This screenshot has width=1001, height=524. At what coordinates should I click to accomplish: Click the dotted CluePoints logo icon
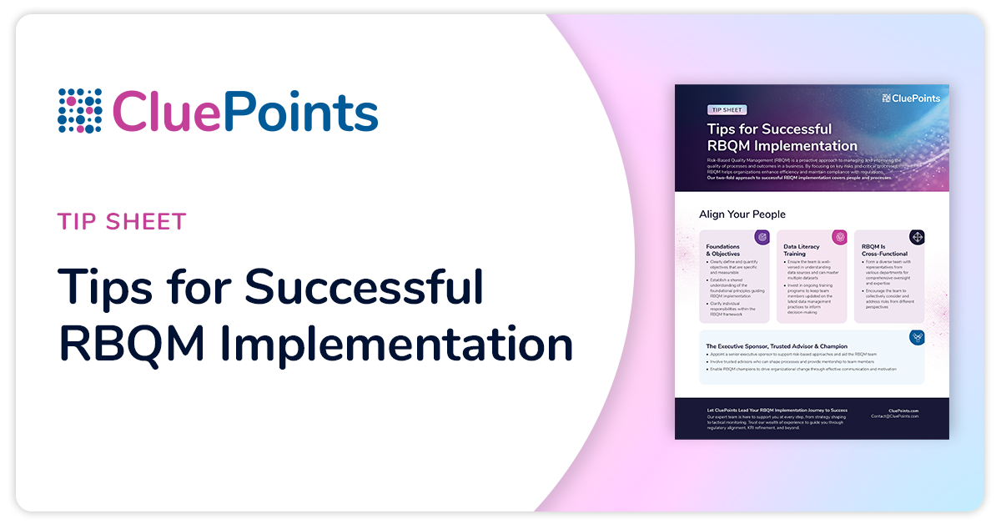click(79, 111)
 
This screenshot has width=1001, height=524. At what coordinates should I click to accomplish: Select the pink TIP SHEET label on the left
click(122, 222)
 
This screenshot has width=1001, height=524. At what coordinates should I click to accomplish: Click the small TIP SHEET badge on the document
click(727, 109)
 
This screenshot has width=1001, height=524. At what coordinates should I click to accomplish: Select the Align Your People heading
click(742, 214)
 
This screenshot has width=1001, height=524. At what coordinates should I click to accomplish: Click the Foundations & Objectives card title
click(722, 250)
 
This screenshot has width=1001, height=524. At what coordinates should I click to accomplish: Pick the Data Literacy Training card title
click(801, 250)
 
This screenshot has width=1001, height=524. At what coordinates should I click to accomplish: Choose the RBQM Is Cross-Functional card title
click(885, 250)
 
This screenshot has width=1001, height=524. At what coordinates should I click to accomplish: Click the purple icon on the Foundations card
click(762, 237)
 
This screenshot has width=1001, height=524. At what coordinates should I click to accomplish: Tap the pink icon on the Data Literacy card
click(839, 237)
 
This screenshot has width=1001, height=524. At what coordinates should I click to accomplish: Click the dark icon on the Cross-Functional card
click(917, 237)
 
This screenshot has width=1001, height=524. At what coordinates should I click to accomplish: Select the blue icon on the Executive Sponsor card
click(917, 337)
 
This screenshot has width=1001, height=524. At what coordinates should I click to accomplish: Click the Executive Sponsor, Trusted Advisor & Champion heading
click(777, 345)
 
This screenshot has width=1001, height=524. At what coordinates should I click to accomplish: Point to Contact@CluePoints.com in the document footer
click(895, 416)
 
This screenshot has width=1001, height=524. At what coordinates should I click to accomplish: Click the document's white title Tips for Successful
click(769, 129)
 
